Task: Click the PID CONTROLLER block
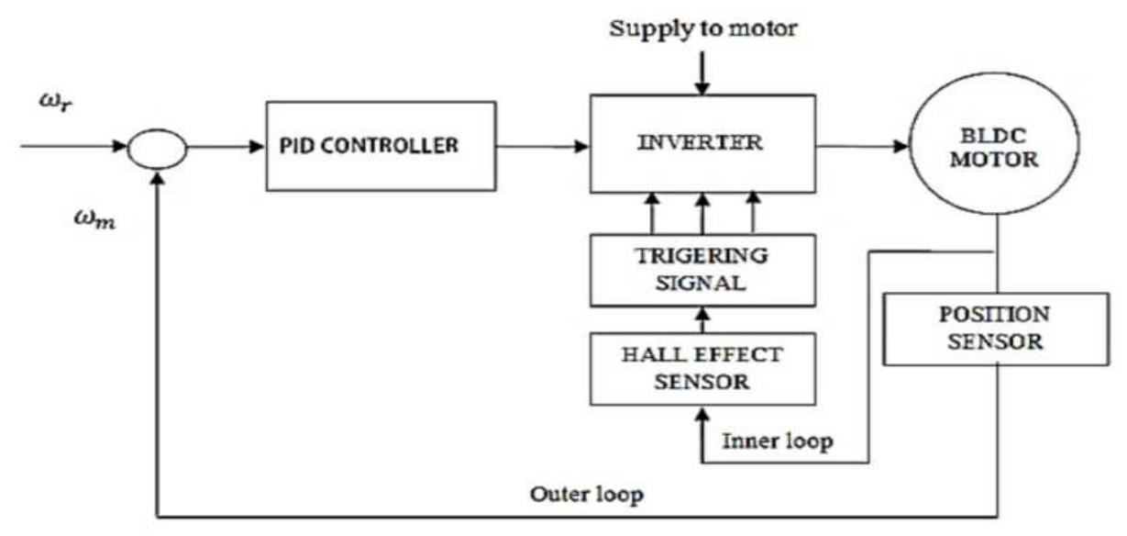pos(381,146)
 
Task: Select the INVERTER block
pos(702,144)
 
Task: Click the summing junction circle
pos(158,146)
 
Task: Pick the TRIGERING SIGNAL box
pos(702,270)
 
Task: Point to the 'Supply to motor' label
pos(702,28)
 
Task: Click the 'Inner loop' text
pos(778,442)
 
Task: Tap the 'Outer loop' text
pos(587,496)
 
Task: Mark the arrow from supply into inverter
pos(702,73)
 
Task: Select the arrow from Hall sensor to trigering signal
pos(702,320)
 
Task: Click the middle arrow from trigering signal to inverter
pos(702,213)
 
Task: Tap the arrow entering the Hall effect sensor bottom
pos(702,431)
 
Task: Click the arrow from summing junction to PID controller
pos(225,146)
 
